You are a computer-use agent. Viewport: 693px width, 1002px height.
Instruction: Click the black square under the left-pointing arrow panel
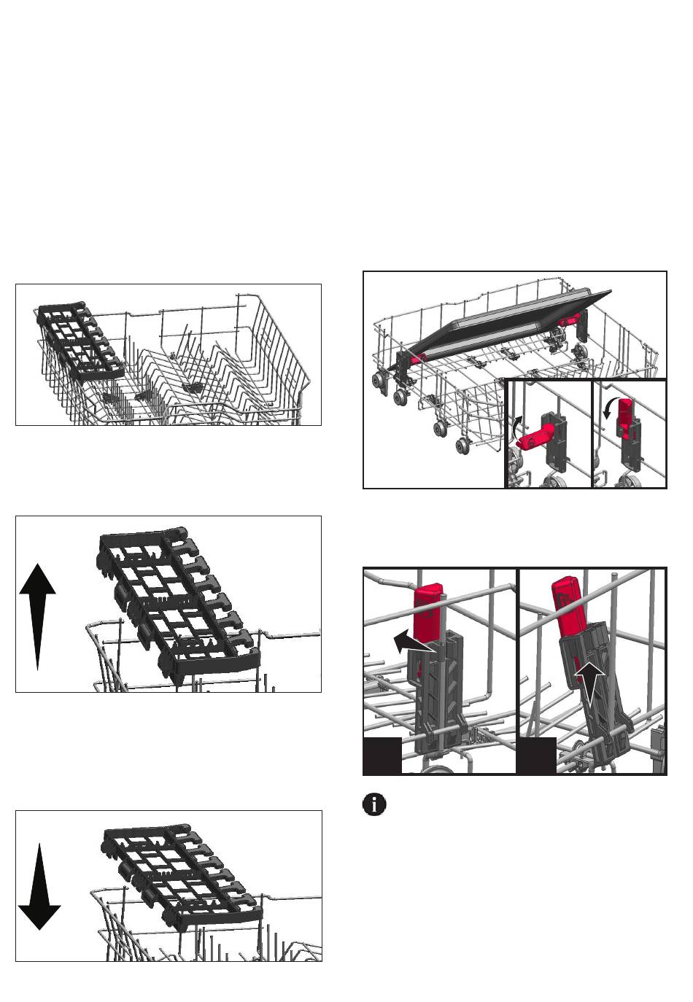[x=382, y=756]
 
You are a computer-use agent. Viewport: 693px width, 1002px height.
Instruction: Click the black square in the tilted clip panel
[x=537, y=756]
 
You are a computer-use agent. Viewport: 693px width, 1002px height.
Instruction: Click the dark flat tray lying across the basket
[x=503, y=321]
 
